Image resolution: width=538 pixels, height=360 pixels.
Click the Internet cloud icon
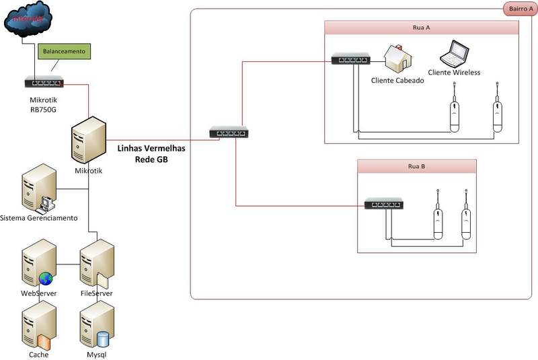coord(28,19)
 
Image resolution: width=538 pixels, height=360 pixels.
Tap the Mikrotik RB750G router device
coord(44,83)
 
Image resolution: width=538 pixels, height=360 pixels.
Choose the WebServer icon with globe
coord(37,266)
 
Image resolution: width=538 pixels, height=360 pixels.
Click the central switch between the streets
coord(228,132)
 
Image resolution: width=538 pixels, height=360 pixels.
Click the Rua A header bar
coord(421,28)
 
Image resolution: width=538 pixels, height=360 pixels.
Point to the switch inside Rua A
coord(350,60)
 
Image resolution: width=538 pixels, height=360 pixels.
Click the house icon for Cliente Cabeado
coord(397,59)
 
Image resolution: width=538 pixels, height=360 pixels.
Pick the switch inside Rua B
coord(383,203)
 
